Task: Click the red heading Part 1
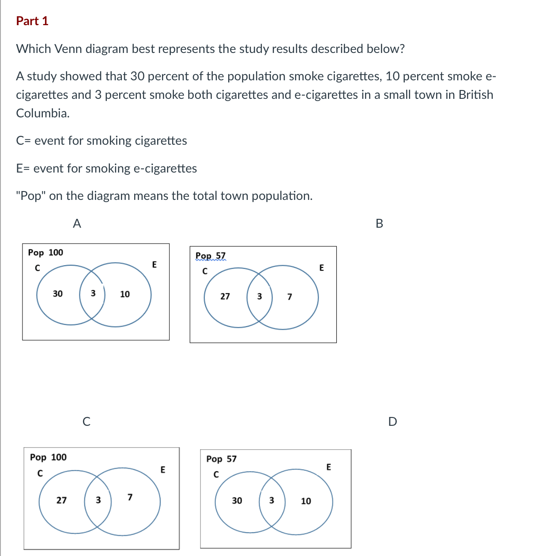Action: click(x=32, y=21)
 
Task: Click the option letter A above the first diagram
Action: click(x=77, y=224)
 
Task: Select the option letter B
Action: click(x=379, y=224)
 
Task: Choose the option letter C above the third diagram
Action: click(x=87, y=422)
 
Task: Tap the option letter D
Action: click(x=392, y=422)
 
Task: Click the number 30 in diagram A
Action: click(x=58, y=294)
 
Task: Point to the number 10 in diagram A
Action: click(x=125, y=294)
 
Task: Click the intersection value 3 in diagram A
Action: click(x=93, y=293)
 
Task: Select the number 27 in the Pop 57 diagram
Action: click(x=225, y=297)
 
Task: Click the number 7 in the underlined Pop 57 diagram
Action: click(x=290, y=297)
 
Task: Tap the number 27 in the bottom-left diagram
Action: click(x=62, y=500)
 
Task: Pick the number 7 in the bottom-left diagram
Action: click(x=130, y=498)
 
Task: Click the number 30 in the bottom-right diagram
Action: click(x=237, y=501)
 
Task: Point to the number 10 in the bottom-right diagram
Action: click(x=306, y=501)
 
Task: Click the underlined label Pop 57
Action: click(x=211, y=256)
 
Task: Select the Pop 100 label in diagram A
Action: click(x=45, y=253)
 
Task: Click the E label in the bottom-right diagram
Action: click(x=328, y=467)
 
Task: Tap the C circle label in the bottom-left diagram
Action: click(x=40, y=473)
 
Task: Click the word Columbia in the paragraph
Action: click(x=42, y=113)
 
